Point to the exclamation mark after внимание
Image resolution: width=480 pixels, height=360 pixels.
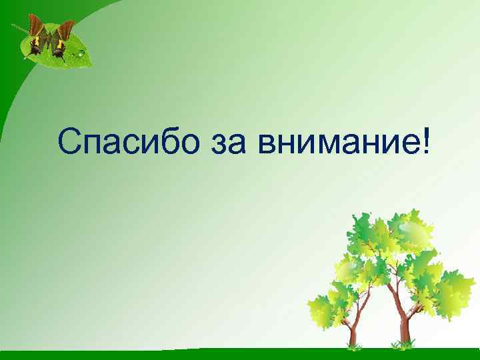pyautogui.click(x=426, y=141)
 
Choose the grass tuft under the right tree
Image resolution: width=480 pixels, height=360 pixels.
pyautogui.click(x=403, y=345)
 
